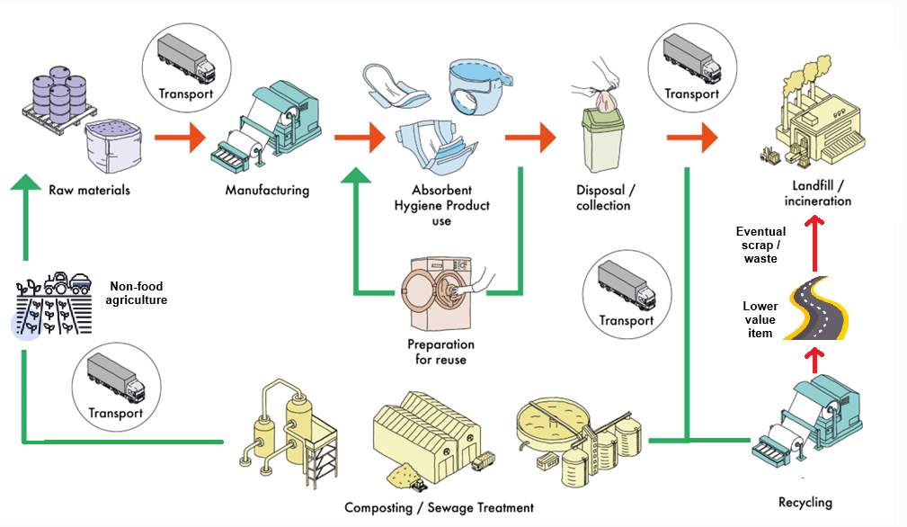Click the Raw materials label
click(x=89, y=190)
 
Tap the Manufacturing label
click(x=267, y=190)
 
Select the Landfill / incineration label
click(x=817, y=192)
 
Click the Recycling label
click(x=805, y=502)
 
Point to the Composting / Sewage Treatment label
click(x=439, y=507)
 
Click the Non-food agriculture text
click(x=138, y=293)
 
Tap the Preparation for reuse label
click(x=440, y=353)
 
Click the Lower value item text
click(x=760, y=319)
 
